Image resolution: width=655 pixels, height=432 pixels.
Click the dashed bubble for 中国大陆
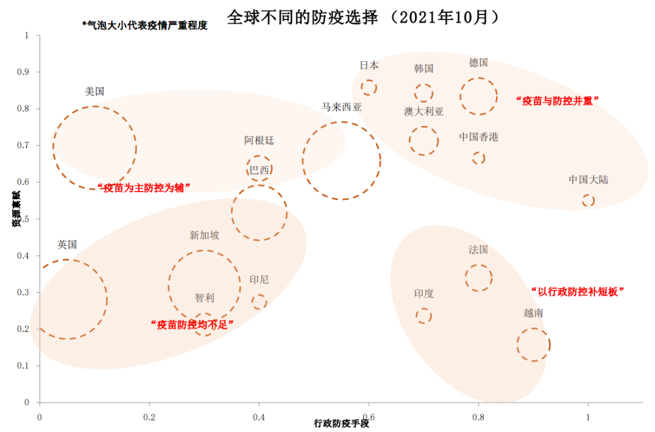588,201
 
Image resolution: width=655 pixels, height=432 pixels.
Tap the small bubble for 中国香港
479,158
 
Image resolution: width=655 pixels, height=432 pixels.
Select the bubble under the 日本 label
369,88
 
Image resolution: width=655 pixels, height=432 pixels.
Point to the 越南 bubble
534,345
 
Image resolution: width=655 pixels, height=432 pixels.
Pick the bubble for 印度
423,316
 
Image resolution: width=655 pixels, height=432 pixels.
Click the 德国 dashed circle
479,96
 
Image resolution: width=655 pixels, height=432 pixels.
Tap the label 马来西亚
341,107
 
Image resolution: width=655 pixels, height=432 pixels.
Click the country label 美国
95,91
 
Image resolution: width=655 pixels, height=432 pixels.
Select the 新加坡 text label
204,235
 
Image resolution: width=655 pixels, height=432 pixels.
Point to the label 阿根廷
259,141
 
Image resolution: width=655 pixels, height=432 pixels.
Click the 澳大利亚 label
423,111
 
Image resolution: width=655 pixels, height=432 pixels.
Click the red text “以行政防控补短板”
577,291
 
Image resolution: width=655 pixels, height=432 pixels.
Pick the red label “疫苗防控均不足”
191,324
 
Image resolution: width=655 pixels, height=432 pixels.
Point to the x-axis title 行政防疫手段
341,424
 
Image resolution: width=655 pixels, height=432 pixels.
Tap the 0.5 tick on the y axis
25,219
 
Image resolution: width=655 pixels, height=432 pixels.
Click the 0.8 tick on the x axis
478,417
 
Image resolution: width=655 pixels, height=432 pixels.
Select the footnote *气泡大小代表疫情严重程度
144,25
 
